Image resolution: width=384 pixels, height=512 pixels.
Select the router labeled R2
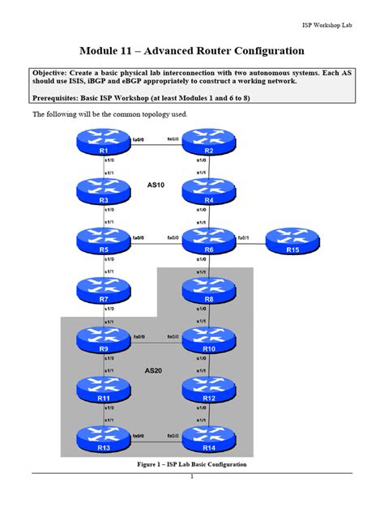click(208, 143)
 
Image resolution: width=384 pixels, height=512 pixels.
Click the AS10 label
click(156, 185)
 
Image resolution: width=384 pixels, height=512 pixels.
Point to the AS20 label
click(154, 370)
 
